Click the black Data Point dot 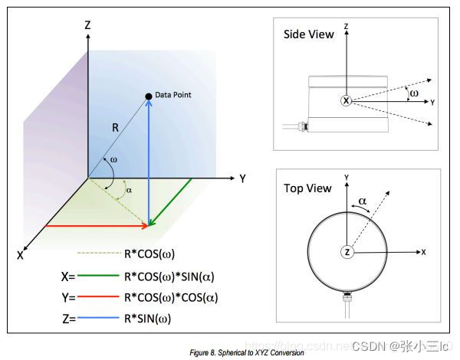pyautogui.click(x=149, y=96)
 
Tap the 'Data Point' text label pyautogui.click(x=172, y=95)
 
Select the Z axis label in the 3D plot pyautogui.click(x=87, y=25)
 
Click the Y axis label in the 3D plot pyautogui.click(x=242, y=179)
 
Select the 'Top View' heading pyautogui.click(x=307, y=188)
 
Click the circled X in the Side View pyautogui.click(x=346, y=100)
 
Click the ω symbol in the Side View pyautogui.click(x=415, y=92)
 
